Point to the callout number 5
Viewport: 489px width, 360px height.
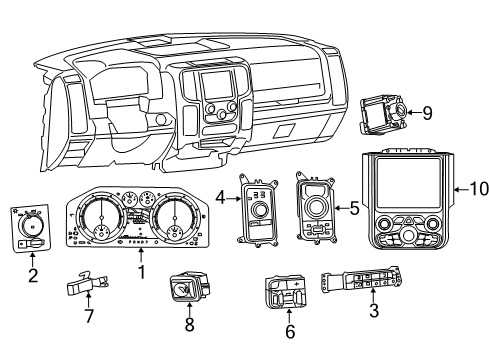(x=354, y=208)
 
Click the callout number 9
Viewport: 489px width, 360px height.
(x=427, y=114)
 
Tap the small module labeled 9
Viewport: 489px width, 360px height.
(x=385, y=115)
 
